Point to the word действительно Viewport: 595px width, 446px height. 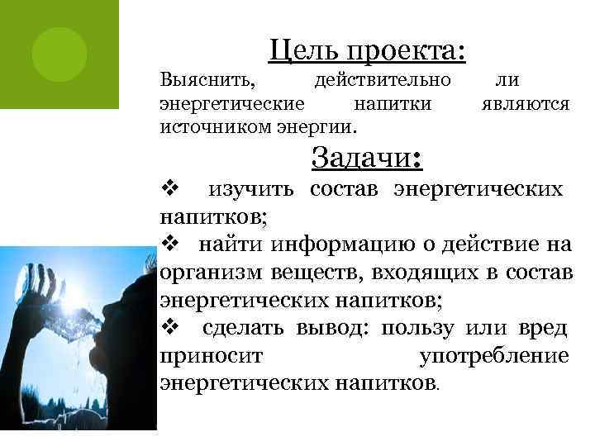(383, 81)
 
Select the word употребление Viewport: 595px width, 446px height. (494, 356)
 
